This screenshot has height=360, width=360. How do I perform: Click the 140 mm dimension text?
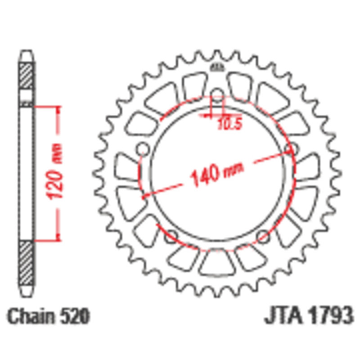point(217,175)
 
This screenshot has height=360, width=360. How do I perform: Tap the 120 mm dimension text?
point(54,171)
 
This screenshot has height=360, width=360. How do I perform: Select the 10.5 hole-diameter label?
point(229,124)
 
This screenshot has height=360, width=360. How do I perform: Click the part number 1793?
point(330,315)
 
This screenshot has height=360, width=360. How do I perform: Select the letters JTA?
point(284,315)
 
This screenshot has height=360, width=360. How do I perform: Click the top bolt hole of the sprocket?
point(217,94)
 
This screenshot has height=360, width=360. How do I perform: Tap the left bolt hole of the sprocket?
point(143,149)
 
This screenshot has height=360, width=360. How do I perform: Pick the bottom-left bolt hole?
point(171,237)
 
